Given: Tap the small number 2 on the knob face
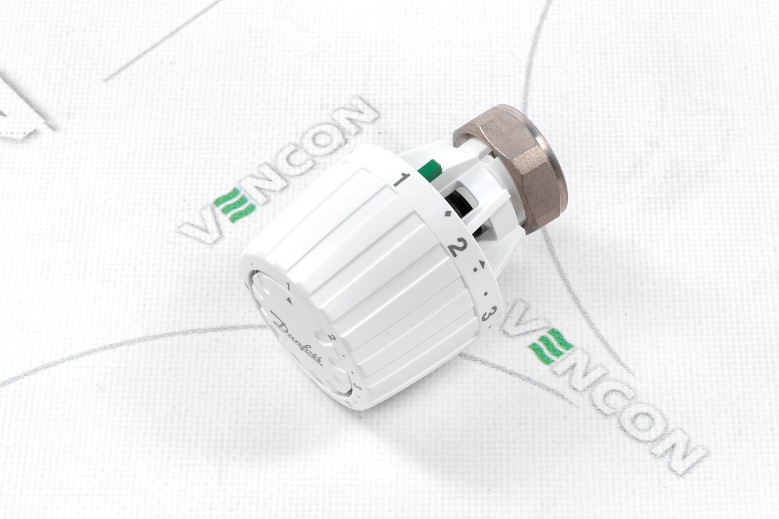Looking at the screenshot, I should (332, 337).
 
